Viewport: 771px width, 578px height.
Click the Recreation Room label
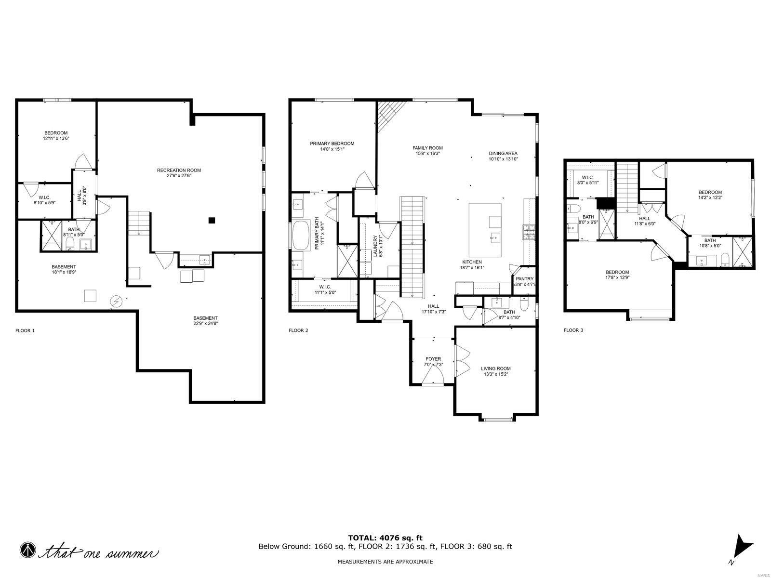[179, 171]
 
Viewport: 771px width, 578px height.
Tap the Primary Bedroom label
[332, 144]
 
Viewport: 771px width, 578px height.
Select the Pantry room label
[524, 279]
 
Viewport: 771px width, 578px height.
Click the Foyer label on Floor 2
[433, 359]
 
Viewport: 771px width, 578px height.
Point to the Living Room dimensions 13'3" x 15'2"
[495, 374]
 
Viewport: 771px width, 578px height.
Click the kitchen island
[485, 230]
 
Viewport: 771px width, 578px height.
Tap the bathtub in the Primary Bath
[302, 236]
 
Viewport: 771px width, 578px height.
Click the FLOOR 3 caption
[573, 330]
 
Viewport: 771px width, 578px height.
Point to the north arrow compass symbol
[741, 547]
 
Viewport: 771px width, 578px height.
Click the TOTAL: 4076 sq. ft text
[385, 538]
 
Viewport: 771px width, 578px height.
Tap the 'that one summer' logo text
[101, 552]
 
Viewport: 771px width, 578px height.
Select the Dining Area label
[503, 154]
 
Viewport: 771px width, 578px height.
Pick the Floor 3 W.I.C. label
[587, 177]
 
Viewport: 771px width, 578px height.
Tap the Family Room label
[427, 148]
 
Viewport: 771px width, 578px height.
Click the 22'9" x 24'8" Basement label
[205, 318]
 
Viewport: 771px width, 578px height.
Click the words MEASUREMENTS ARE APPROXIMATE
[385, 562]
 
